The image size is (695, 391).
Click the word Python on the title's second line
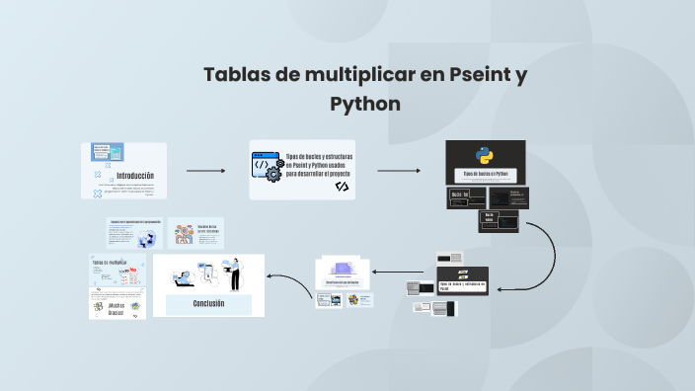click(365, 104)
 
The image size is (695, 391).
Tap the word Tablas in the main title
click(237, 75)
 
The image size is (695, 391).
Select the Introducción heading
click(135, 175)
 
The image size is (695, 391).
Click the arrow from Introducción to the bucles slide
click(205, 171)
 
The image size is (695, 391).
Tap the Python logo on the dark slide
click(485, 156)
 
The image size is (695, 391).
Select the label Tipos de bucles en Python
click(486, 174)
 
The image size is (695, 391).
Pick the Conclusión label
click(209, 303)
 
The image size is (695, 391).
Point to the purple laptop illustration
click(344, 268)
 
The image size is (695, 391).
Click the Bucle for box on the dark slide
click(459, 195)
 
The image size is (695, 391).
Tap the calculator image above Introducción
click(108, 152)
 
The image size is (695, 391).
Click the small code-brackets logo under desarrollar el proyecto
click(342, 186)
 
